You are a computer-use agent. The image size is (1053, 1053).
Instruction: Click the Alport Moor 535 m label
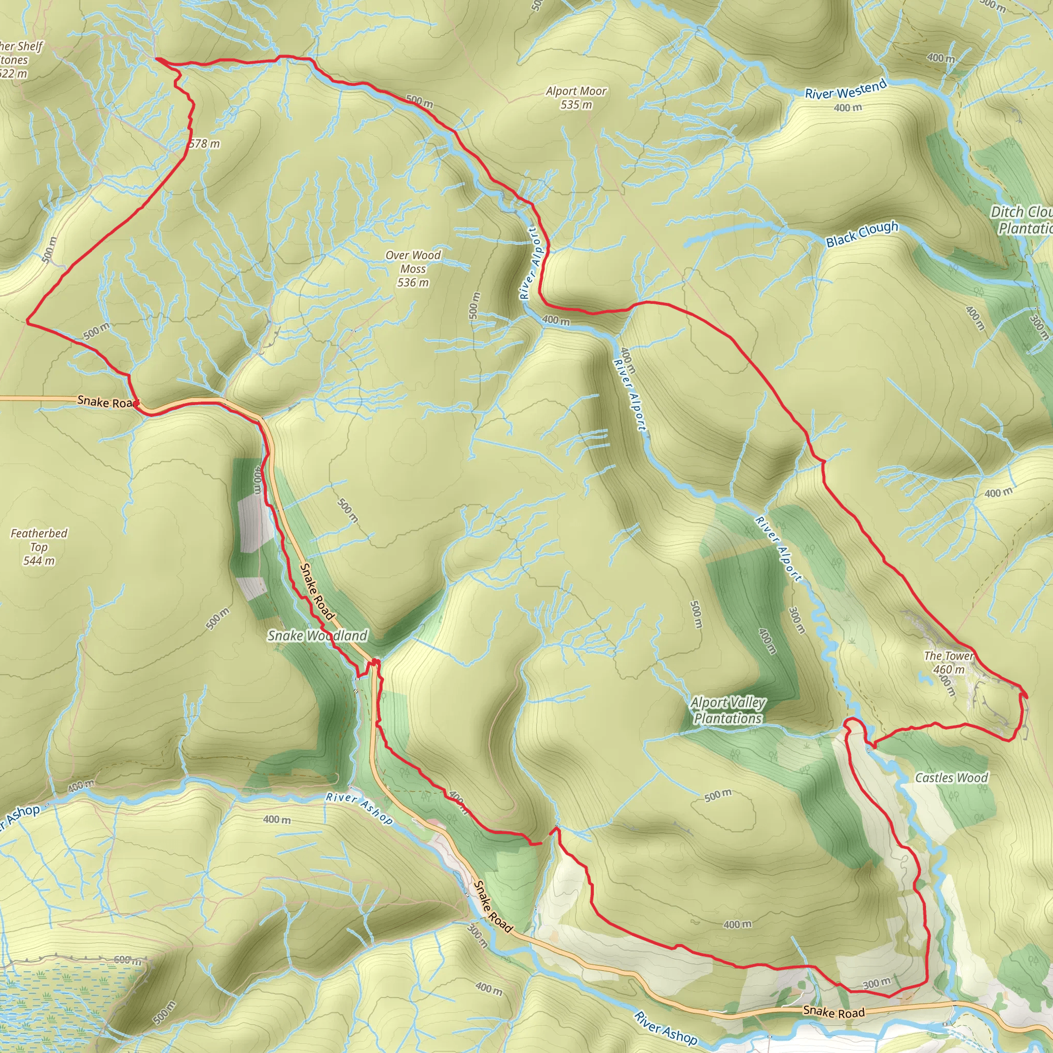(x=576, y=98)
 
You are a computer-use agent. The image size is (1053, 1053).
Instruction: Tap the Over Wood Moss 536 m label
(x=412, y=269)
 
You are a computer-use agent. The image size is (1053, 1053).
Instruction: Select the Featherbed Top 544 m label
(x=39, y=547)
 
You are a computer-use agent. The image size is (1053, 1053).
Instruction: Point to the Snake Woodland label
(x=318, y=636)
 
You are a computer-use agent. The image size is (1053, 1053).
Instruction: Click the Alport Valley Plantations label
(x=728, y=711)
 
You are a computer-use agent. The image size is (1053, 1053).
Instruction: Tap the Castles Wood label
(x=951, y=778)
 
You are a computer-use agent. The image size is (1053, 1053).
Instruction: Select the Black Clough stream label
(x=862, y=234)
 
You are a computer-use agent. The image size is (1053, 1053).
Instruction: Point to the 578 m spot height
(x=205, y=144)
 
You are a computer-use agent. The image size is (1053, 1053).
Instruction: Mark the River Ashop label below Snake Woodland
(x=359, y=808)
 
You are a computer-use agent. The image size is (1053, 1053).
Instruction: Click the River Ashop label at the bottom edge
(x=665, y=1028)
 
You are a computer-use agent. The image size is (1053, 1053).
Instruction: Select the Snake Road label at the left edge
(x=108, y=402)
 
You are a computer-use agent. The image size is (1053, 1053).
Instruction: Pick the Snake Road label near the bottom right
(x=834, y=1012)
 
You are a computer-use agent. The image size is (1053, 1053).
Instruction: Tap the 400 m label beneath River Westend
(x=847, y=108)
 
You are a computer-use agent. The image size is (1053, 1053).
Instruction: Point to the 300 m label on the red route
(x=877, y=983)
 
